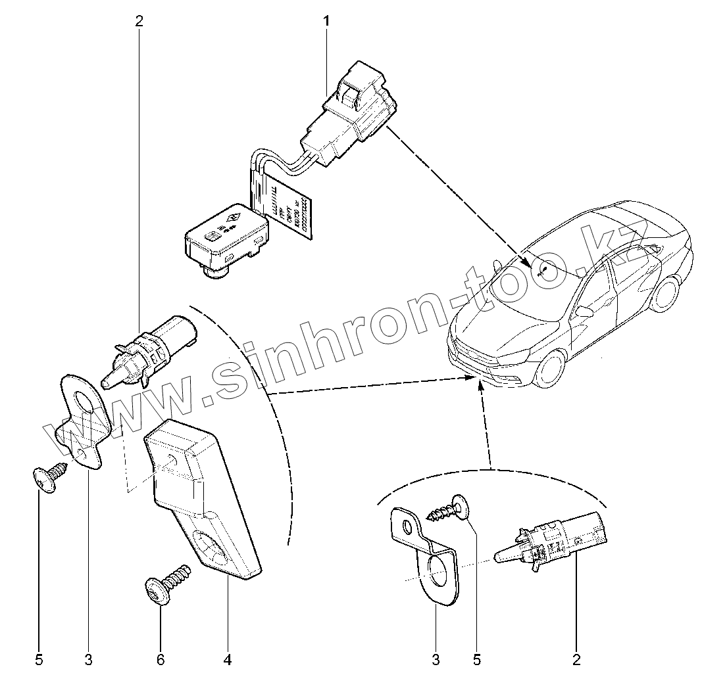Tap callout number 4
[228, 657]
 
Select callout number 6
[161, 657]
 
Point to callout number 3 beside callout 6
[88, 657]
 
